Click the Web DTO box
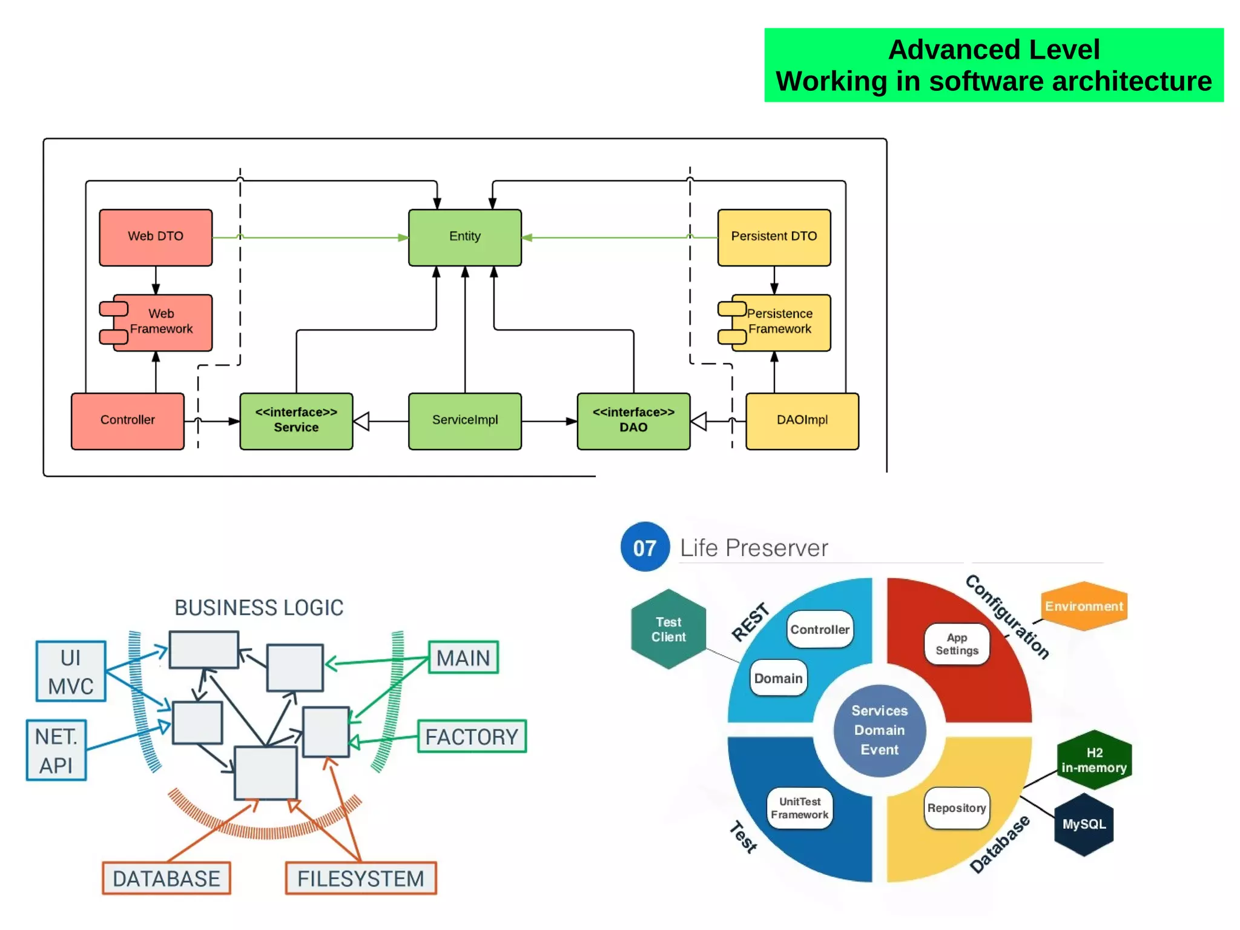point(156,237)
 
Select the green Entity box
point(464,237)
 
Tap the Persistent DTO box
point(773,237)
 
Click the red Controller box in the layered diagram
point(127,420)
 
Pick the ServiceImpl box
point(464,420)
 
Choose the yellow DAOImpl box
point(802,420)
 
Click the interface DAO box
point(633,420)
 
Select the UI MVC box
point(71,671)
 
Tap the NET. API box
point(56,750)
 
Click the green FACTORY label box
point(472,736)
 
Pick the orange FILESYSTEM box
point(360,878)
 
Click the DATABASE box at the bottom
point(166,878)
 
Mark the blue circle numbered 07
point(645,547)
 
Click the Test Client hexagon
point(668,629)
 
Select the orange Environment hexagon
point(1083,606)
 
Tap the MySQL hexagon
point(1083,824)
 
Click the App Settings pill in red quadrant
point(956,644)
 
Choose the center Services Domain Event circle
point(879,730)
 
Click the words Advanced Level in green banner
point(993,50)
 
